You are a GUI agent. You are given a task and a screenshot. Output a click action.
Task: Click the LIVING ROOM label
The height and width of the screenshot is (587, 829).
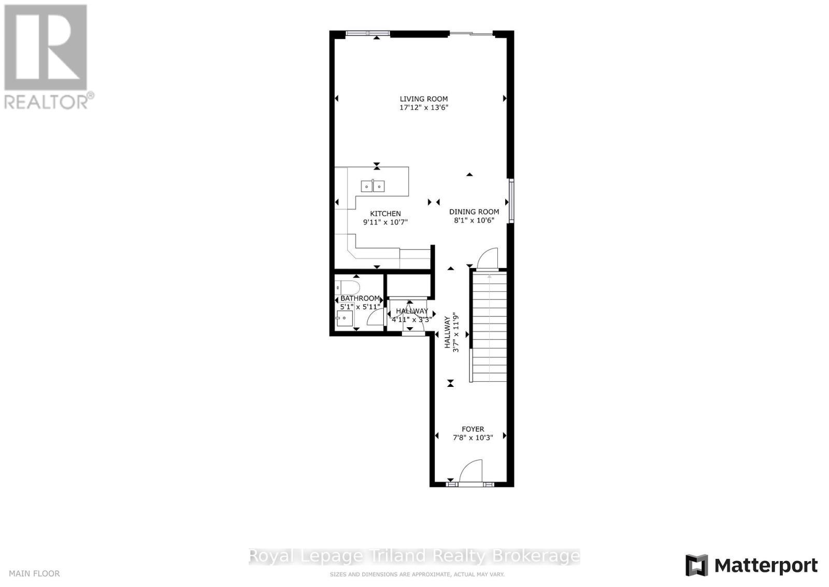tap(423, 99)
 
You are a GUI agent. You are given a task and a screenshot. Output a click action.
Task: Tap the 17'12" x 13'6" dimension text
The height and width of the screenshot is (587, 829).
tap(423, 108)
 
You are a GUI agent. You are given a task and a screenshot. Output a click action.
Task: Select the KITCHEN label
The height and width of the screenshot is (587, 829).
tap(385, 214)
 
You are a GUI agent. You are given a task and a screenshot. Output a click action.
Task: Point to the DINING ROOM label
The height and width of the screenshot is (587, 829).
tap(474, 212)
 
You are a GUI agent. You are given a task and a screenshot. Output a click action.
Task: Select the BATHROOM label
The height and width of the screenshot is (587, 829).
tap(360, 299)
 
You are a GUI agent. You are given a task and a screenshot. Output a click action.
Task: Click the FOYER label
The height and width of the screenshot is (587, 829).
tap(473, 429)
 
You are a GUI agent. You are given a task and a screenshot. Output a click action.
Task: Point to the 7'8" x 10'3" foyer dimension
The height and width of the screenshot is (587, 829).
tap(473, 438)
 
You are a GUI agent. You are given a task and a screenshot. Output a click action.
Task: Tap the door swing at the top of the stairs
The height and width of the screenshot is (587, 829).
tap(487, 259)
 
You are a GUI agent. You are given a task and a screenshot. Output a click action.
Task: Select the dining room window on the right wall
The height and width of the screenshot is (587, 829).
tap(511, 201)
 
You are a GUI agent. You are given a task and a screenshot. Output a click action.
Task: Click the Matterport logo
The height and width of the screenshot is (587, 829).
tap(751, 565)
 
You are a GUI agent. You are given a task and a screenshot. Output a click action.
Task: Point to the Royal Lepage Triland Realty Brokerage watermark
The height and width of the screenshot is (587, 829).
tap(414, 556)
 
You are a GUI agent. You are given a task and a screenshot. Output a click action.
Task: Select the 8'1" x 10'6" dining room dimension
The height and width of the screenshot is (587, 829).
tap(474, 220)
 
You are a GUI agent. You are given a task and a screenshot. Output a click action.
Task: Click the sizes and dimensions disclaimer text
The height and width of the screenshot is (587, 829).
tap(417, 575)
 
